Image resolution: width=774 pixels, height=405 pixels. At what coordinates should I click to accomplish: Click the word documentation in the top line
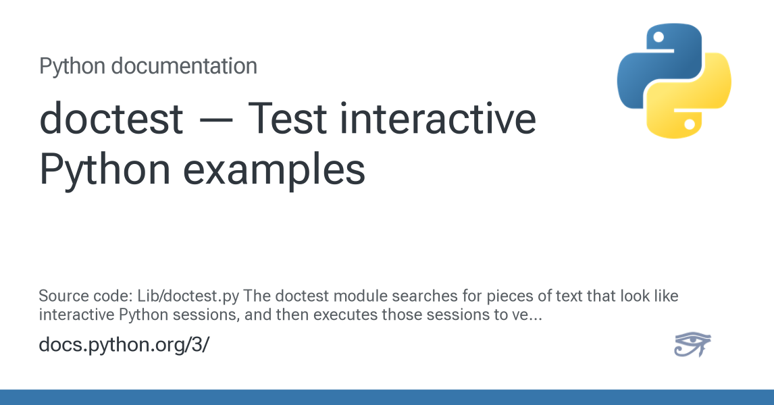pyautogui.click(x=184, y=66)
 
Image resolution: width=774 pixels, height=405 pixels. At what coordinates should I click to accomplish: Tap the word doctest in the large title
pyautogui.click(x=111, y=118)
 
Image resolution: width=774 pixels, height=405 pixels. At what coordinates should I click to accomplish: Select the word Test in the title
pyautogui.click(x=287, y=118)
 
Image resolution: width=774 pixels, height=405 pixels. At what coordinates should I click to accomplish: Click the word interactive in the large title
pyautogui.click(x=438, y=118)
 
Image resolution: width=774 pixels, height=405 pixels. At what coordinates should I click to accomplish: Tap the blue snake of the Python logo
pyautogui.click(x=659, y=64)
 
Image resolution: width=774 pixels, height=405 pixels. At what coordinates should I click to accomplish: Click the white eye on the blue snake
pyautogui.click(x=658, y=37)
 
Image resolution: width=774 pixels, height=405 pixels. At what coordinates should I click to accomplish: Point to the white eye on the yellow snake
pyautogui.click(x=690, y=124)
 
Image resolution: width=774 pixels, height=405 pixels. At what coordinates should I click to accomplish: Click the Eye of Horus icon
pyautogui.click(x=692, y=344)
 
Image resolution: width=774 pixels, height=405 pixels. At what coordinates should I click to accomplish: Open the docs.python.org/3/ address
pyautogui.click(x=124, y=344)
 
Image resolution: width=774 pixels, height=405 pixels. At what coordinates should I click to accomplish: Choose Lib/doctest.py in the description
pyautogui.click(x=188, y=296)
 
